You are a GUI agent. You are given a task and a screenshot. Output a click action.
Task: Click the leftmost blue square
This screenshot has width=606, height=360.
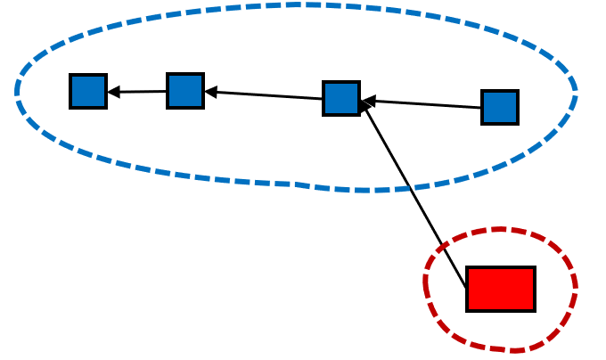[x=88, y=91]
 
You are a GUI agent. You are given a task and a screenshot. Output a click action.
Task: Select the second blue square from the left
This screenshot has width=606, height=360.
[x=185, y=91]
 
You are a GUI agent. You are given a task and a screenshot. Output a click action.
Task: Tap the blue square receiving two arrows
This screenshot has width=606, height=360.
[x=341, y=98]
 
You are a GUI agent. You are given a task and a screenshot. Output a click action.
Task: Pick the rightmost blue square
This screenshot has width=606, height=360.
[x=500, y=107]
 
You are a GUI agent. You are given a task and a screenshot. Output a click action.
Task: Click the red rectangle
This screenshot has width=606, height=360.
[x=501, y=289]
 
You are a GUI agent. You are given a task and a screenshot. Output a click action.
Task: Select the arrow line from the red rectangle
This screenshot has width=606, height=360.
[x=414, y=196]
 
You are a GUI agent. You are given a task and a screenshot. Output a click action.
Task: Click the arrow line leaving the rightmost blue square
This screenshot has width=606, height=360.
[x=423, y=103]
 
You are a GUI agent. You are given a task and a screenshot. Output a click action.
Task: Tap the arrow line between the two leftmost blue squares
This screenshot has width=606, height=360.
[x=138, y=92]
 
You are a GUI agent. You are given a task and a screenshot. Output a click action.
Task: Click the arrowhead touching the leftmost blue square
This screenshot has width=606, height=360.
[x=112, y=92]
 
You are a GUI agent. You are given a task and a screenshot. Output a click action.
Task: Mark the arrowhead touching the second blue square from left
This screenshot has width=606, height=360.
[x=209, y=92]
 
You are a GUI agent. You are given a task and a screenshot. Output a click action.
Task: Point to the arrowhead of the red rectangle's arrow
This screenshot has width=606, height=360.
[x=364, y=107]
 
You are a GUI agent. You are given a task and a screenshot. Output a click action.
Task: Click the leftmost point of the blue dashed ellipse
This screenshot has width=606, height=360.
[x=17, y=92]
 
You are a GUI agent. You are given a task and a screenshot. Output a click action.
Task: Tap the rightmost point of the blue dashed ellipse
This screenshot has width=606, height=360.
[x=576, y=95]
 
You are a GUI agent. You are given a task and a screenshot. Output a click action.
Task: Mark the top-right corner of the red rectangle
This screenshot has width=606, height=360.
[x=534, y=267]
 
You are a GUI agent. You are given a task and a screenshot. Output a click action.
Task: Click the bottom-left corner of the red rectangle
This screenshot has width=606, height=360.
[x=468, y=310]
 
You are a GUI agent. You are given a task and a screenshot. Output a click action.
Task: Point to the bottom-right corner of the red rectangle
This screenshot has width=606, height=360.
[x=534, y=310]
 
